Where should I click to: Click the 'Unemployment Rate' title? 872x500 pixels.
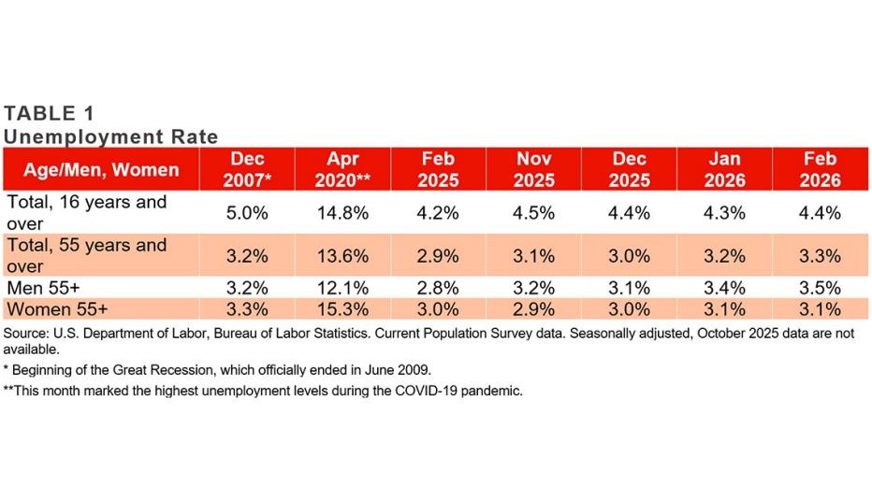110,136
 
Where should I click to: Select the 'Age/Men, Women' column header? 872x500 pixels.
102,169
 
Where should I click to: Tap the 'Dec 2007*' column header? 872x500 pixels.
248,169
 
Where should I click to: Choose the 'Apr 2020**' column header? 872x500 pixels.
343,169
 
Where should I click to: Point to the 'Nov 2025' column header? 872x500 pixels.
533,169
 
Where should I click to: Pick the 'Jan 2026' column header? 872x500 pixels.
725,169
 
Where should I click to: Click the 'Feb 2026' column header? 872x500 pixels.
821,169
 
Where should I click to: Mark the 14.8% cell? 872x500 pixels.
343,212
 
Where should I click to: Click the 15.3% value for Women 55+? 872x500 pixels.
343,309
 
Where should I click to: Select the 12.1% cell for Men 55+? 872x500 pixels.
343,288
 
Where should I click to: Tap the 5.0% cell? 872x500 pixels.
248,212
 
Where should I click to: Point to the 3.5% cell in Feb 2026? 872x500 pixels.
821,288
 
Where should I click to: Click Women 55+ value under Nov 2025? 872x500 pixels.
533,309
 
